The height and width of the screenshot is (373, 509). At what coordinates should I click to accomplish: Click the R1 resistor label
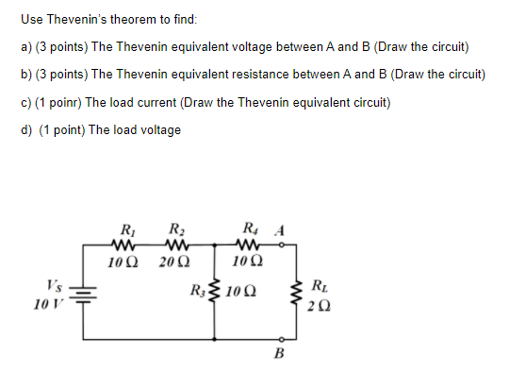pos(126,228)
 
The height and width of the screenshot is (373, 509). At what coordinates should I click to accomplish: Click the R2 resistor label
pos(176,228)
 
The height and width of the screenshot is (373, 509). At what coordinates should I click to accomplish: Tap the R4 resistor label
pos(248,228)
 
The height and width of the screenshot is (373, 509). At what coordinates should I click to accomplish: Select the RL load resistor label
pos(320,280)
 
